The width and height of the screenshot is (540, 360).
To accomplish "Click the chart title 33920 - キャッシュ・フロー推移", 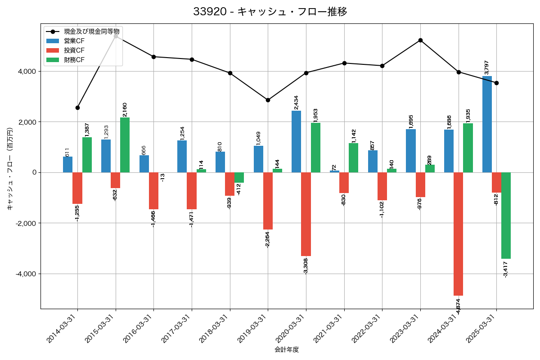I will [270, 12].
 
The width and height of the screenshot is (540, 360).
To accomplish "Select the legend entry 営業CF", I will [74, 41].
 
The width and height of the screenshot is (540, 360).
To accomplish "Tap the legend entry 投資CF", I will [74, 50].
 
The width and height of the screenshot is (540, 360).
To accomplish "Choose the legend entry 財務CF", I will [74, 60].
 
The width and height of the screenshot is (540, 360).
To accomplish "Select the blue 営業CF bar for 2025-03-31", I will [487, 124].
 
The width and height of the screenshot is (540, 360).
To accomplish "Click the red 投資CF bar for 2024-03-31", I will [458, 234].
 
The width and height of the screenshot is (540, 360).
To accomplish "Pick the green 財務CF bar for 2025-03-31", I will [506, 216].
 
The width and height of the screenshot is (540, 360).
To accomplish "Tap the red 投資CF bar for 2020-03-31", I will [306, 214].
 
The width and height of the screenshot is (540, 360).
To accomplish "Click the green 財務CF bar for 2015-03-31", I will [125, 145].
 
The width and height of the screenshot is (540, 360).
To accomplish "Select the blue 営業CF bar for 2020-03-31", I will [296, 141].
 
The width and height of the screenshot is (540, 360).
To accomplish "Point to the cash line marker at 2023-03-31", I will [420, 40].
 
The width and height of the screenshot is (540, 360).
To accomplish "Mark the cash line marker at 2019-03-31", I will [268, 100].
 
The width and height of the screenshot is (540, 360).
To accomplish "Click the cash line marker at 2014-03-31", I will [77, 108].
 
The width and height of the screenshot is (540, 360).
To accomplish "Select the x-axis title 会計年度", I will [287, 350].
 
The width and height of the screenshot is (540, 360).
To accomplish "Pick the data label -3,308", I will [306, 266].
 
